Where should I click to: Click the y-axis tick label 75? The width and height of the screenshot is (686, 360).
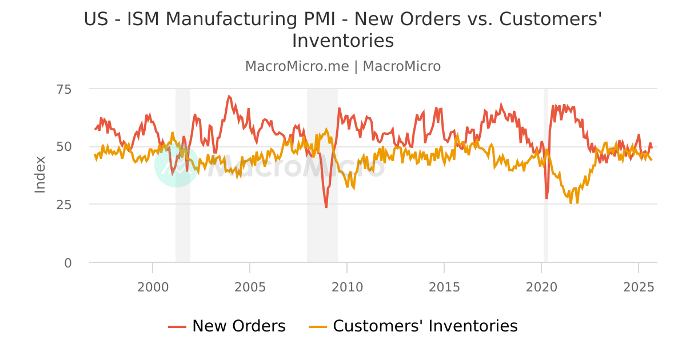pyautogui.click(x=64, y=89)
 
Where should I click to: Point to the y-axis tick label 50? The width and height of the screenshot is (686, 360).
pyautogui.click(x=64, y=147)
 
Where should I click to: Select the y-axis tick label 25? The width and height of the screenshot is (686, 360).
pyautogui.click(x=64, y=205)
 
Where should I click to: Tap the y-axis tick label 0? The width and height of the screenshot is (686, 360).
pyautogui.click(x=69, y=263)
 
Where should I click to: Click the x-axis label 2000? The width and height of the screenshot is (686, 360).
pyautogui.click(x=153, y=286)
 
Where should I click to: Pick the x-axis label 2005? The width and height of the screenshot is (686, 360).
pyautogui.click(x=250, y=286)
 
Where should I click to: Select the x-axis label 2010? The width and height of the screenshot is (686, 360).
pyautogui.click(x=347, y=286)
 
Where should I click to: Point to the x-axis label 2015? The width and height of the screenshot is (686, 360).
pyautogui.click(x=444, y=286)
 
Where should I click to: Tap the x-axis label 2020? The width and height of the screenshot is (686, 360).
pyautogui.click(x=541, y=286)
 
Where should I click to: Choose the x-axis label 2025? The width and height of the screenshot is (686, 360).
pyautogui.click(x=638, y=286)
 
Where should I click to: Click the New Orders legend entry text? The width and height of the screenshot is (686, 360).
pyautogui.click(x=238, y=326)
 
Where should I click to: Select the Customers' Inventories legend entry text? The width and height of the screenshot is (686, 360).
pyautogui.click(x=425, y=326)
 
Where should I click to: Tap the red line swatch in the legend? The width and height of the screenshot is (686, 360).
pyautogui.click(x=177, y=326)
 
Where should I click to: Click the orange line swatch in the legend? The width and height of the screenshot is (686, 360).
pyautogui.click(x=318, y=326)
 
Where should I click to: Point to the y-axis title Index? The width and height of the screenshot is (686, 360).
pyautogui.click(x=40, y=174)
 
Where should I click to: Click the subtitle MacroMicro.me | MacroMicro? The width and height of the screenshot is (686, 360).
pyautogui.click(x=343, y=66)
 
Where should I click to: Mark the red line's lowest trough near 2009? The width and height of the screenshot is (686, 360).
pyautogui.click(x=326, y=207)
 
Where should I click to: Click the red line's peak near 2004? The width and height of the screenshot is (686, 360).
pyautogui.click(x=229, y=96)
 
